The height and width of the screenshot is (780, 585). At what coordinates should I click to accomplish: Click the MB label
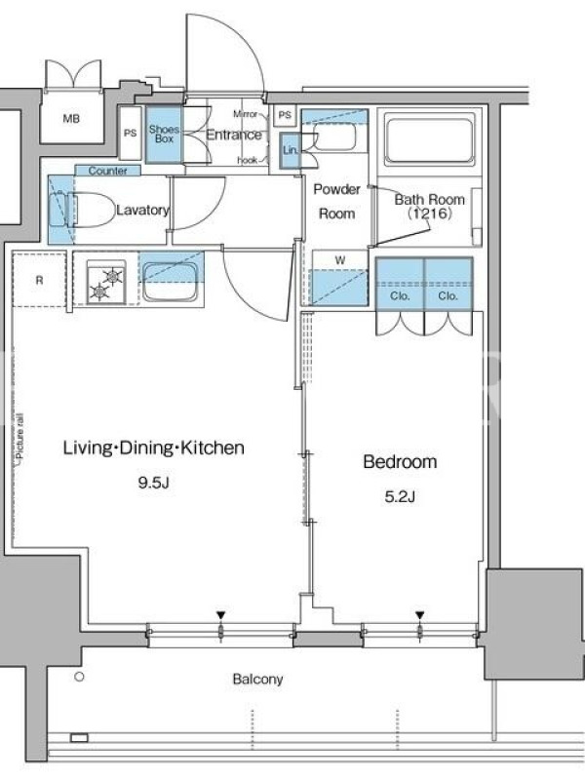click(x=71, y=119)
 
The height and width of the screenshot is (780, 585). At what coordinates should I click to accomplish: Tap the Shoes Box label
click(x=164, y=135)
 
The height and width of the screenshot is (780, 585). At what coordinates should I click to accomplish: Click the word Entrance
click(x=234, y=135)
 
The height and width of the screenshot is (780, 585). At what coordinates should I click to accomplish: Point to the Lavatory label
click(x=142, y=210)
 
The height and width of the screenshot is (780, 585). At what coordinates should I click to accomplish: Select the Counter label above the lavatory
click(x=107, y=171)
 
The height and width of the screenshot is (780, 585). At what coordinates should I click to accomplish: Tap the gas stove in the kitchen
click(x=106, y=282)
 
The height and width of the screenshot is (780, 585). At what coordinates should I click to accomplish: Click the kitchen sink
click(x=171, y=282)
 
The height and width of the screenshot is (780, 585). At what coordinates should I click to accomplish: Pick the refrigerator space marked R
click(x=39, y=280)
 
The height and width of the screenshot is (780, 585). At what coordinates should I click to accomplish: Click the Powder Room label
click(x=336, y=202)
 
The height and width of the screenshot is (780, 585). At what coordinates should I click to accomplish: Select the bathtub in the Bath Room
click(x=429, y=138)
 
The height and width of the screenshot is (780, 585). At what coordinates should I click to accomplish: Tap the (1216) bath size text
click(x=430, y=214)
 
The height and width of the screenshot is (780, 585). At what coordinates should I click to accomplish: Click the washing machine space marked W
click(x=339, y=278)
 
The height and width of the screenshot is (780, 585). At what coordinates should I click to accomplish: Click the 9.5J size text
click(x=154, y=483)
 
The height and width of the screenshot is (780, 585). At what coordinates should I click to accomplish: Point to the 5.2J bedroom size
click(x=400, y=496)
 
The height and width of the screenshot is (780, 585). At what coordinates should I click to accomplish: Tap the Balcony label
click(x=257, y=679)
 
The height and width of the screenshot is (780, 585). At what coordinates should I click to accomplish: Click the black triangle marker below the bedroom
click(x=420, y=616)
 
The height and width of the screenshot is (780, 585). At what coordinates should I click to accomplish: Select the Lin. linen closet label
click(x=290, y=150)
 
